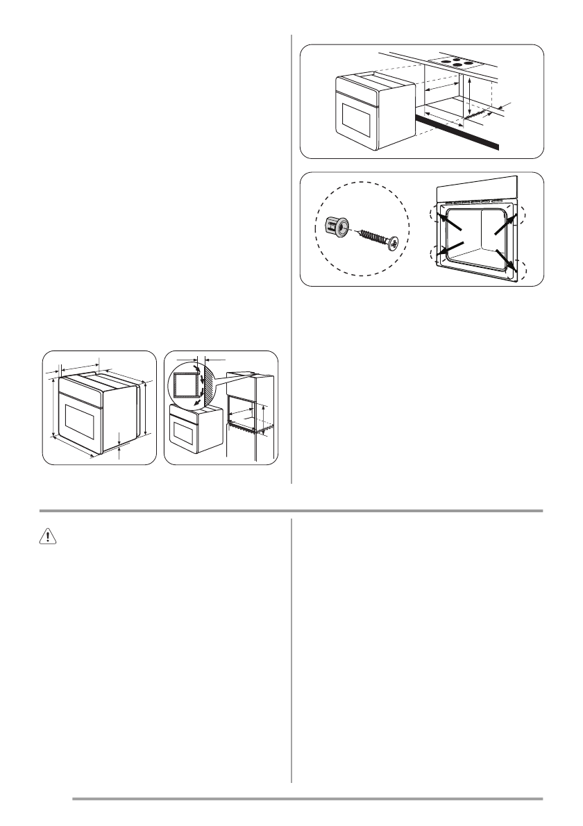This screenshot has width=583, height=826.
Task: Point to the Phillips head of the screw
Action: (x=394, y=244)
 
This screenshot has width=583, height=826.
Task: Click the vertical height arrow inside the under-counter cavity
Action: (x=471, y=97)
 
